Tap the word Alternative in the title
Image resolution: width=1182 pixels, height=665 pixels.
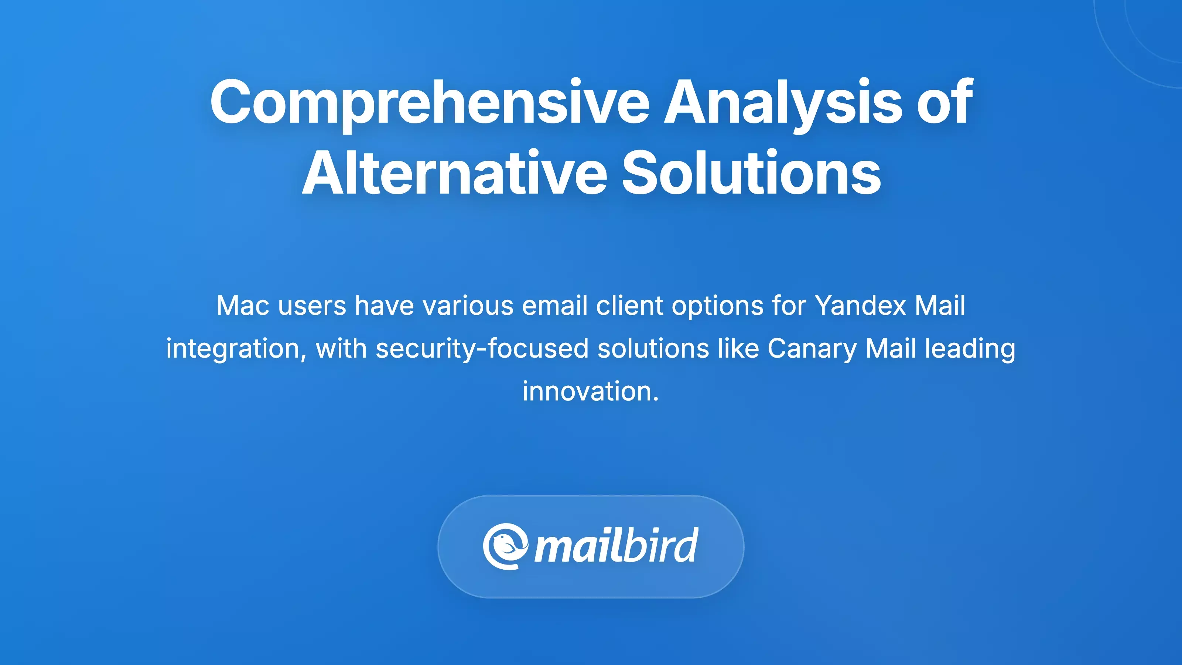454,174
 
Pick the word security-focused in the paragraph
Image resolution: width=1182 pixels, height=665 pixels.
482,348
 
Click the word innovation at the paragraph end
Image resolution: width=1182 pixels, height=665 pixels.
591,392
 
